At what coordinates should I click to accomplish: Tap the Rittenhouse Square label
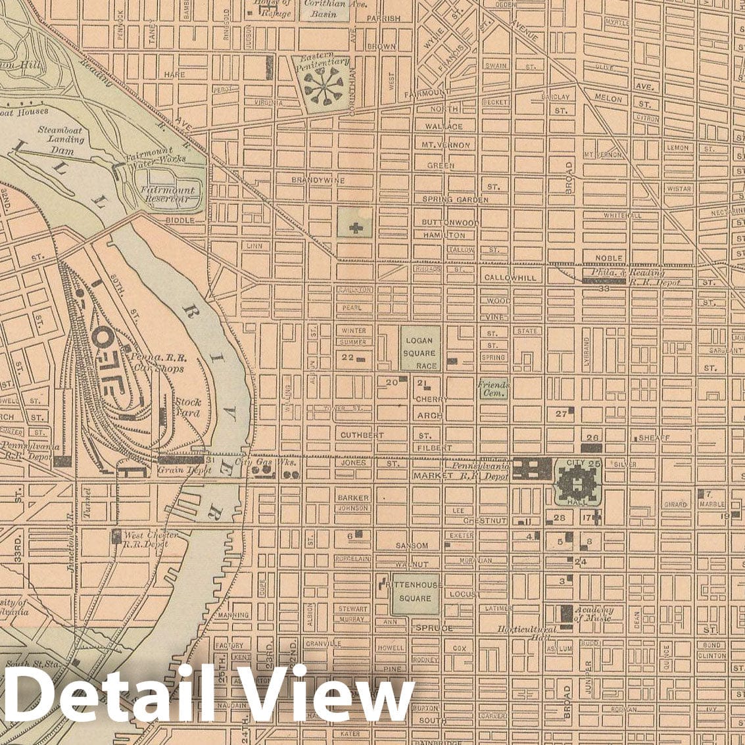point(414,590)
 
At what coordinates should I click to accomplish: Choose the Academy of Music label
point(593,613)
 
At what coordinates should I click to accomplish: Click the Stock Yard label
point(187,408)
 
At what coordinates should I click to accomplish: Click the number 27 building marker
point(561,414)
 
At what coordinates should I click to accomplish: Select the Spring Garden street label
point(455,199)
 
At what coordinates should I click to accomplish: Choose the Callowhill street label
point(510,277)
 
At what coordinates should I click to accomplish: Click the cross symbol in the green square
point(356,228)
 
